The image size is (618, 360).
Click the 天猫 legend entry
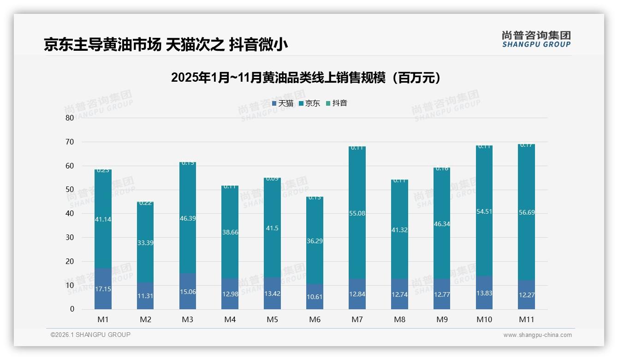(x=283, y=103)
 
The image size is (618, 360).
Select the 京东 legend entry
(x=309, y=103)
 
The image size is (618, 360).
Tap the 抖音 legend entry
(x=337, y=103)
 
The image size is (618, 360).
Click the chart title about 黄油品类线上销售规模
(x=306, y=78)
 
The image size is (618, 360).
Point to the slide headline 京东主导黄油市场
(x=166, y=45)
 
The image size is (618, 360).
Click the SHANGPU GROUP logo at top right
(x=536, y=39)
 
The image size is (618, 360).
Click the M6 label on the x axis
(x=315, y=319)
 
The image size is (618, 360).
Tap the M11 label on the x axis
(x=526, y=319)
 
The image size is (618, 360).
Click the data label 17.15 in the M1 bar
(x=103, y=289)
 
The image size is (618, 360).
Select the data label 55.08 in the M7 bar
(x=357, y=213)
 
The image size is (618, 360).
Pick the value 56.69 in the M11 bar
(x=526, y=212)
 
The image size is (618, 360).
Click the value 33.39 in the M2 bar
(x=145, y=243)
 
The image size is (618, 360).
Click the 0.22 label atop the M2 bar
(x=145, y=203)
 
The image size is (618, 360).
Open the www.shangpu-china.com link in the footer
(x=537, y=335)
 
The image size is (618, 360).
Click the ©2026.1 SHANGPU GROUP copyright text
(x=90, y=335)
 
